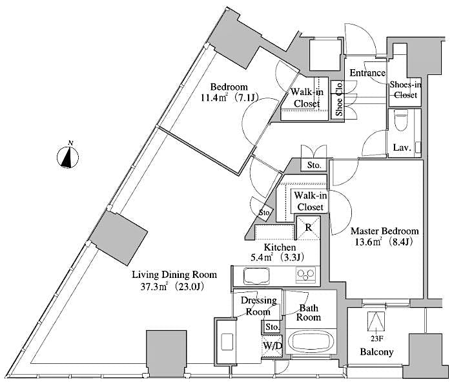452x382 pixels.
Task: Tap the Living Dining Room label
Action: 174,274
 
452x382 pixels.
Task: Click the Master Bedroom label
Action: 384,231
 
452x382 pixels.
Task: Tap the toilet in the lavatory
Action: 400,122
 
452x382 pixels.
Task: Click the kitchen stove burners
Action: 305,276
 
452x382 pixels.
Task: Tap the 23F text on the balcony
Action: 374,336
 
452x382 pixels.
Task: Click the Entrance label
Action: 367,73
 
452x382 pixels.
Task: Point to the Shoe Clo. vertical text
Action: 338,100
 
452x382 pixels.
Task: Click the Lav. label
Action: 402,148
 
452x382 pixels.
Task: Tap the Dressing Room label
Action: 259,306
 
